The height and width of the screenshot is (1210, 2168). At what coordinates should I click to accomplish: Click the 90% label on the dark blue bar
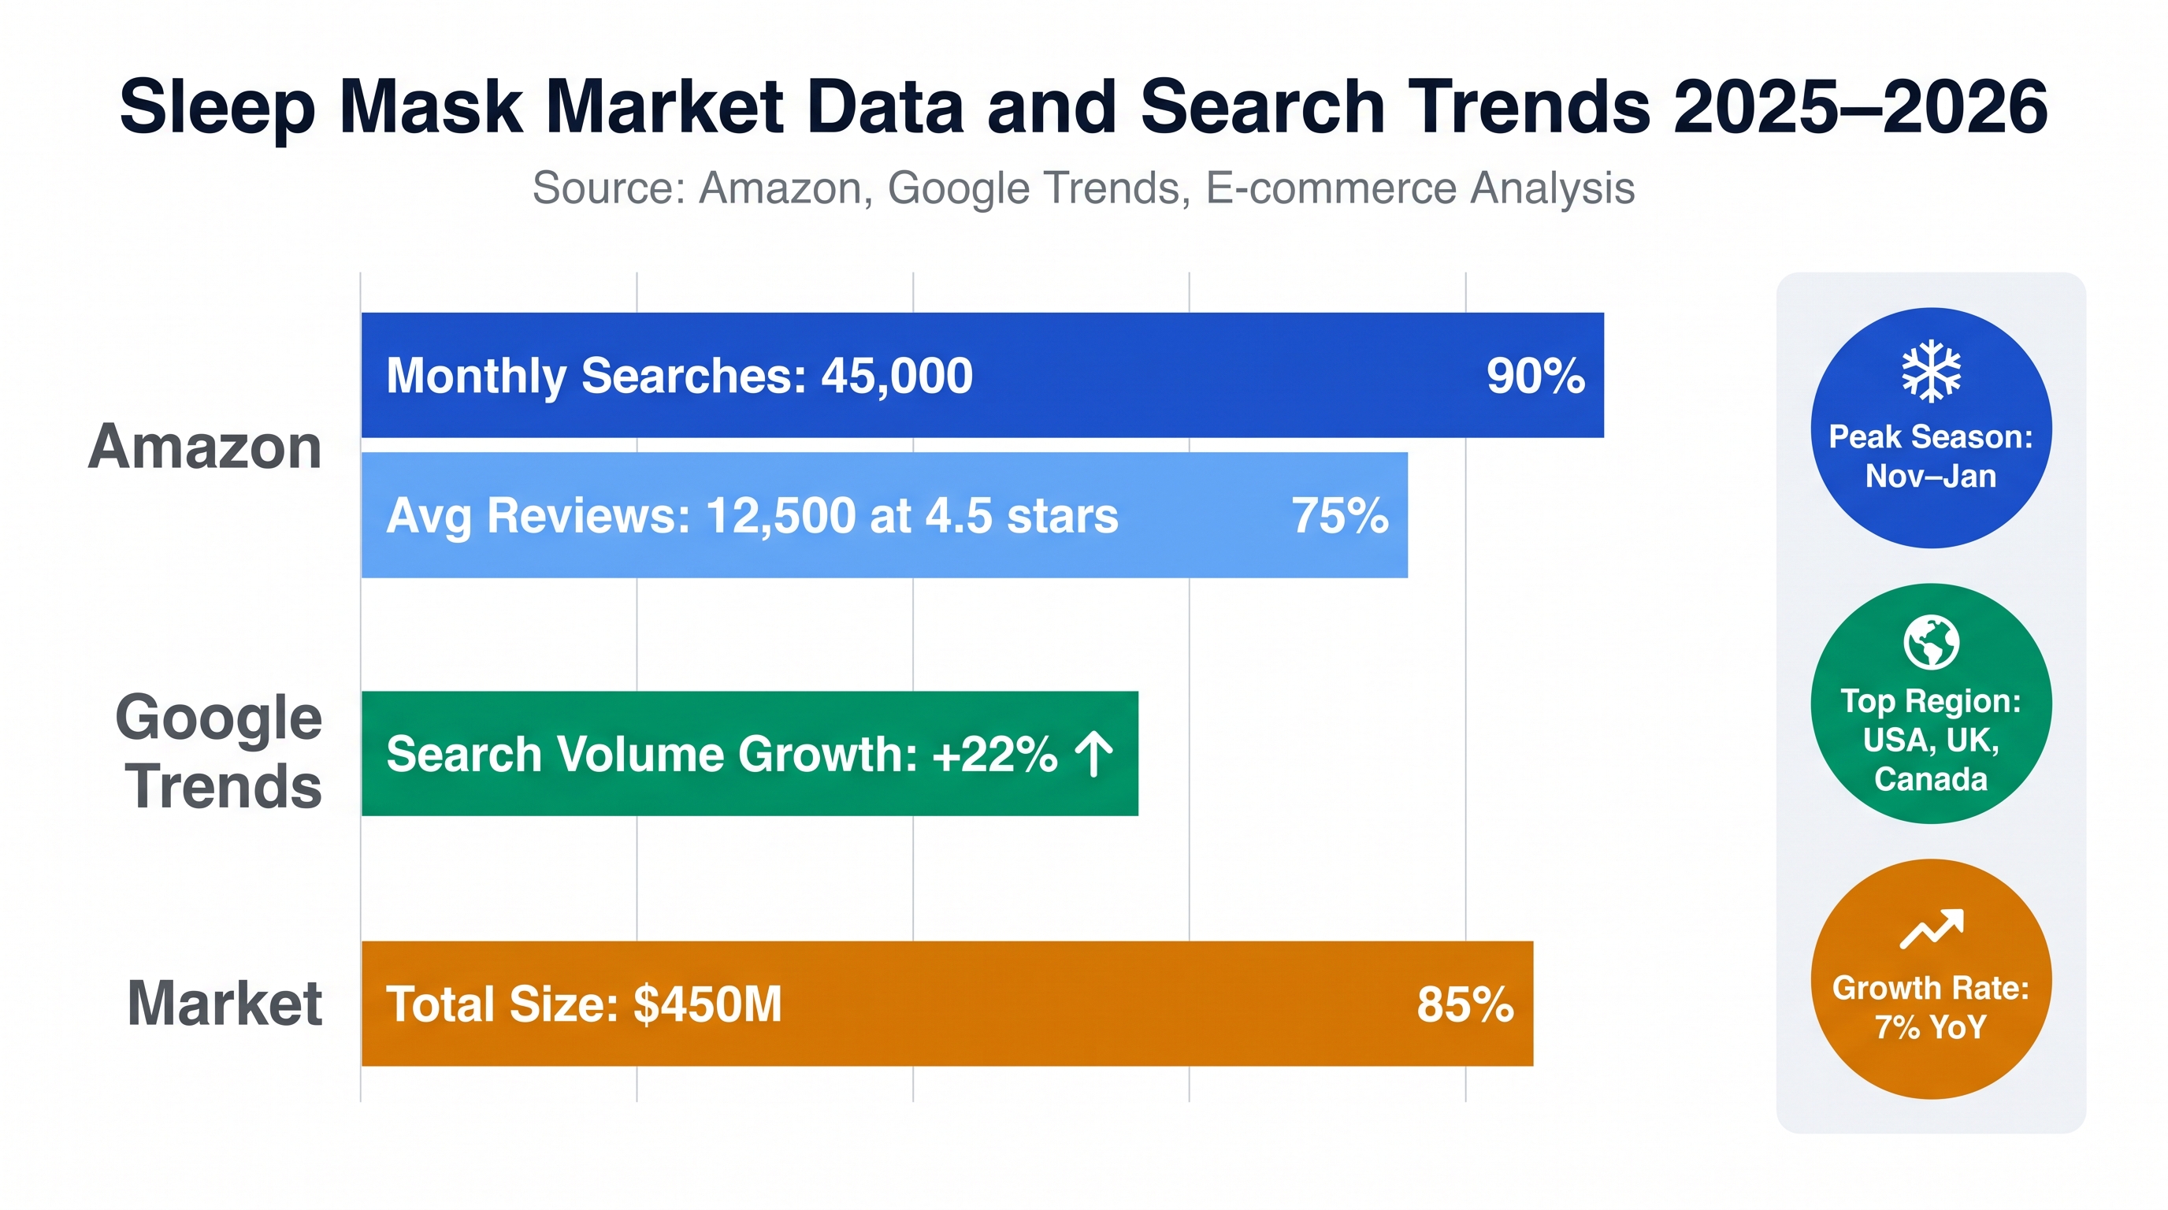click(1536, 375)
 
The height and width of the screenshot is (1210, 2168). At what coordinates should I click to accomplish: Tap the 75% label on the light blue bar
click(1340, 515)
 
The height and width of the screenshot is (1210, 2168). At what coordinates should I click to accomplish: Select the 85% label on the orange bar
click(1465, 1004)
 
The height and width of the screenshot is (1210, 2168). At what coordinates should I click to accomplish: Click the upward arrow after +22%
click(1094, 753)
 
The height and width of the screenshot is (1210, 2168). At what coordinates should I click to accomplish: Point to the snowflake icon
click(1931, 371)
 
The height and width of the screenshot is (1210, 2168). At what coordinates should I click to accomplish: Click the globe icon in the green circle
click(1931, 642)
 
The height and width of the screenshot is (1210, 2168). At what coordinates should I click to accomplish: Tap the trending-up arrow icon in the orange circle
click(1932, 929)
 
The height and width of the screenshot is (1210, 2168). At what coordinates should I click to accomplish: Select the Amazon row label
click(205, 447)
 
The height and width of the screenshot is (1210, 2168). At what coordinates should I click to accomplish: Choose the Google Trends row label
click(219, 752)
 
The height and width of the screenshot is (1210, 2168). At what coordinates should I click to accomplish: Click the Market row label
click(225, 1003)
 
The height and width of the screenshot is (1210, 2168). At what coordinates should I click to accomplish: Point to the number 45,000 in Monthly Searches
click(897, 376)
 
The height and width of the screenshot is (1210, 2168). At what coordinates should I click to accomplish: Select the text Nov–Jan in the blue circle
click(1931, 477)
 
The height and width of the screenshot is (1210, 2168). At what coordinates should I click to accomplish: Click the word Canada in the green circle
click(1931, 779)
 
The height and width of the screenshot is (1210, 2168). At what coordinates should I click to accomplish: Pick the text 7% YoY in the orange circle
click(1931, 1026)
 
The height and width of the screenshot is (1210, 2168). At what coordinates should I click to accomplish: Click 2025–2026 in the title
click(1860, 107)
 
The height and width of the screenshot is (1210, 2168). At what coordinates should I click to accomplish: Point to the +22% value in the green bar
click(995, 753)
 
